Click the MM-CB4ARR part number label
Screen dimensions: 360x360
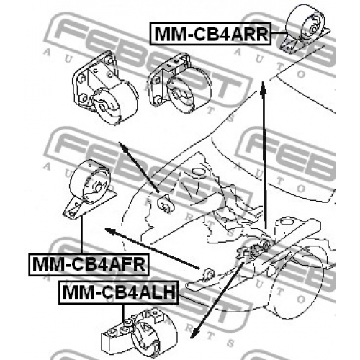(210, 34)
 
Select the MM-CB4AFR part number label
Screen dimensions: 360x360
(89, 264)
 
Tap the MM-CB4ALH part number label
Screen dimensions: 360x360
(119, 292)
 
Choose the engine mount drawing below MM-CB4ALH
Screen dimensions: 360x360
(139, 333)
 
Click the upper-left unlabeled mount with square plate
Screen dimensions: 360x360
(104, 88)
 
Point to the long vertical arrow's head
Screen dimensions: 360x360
(264, 87)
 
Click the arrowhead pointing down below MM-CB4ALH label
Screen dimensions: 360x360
(195, 333)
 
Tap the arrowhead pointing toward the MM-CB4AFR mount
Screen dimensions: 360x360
(110, 230)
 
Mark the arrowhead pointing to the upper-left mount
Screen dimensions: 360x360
(122, 146)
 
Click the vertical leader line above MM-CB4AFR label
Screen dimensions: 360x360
(81, 235)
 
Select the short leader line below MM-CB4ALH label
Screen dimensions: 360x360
(123, 312)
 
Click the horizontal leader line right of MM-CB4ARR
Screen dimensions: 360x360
(279, 33)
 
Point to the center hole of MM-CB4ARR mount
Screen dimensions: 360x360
(314, 29)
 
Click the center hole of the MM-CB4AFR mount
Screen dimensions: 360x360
(98, 187)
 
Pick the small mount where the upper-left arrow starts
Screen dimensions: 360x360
(163, 203)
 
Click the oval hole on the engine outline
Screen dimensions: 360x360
(198, 172)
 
